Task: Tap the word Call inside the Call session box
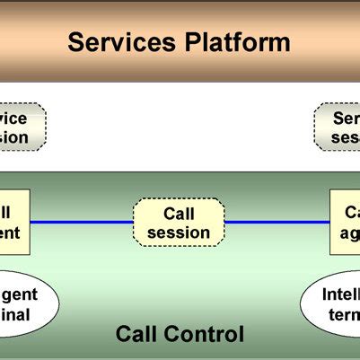(179, 215)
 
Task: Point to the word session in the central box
(179, 233)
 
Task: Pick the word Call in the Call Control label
(136, 335)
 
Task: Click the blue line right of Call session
(277, 223)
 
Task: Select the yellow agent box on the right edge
(345, 222)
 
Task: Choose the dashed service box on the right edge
(338, 127)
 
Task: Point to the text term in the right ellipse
(345, 314)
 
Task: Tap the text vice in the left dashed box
(14, 119)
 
